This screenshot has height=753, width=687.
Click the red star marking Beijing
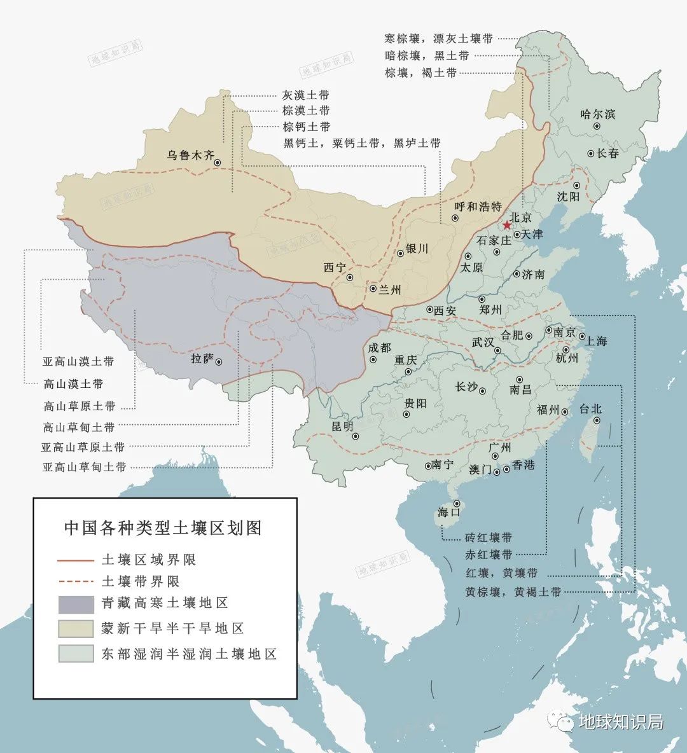click(506, 225)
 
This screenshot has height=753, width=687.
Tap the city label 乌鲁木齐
click(191, 155)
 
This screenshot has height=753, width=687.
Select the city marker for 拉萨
click(219, 362)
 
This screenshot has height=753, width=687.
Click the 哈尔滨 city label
click(598, 114)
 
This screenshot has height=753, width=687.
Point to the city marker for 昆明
click(356, 436)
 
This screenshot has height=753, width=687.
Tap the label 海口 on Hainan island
click(448, 513)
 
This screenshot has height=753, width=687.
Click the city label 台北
click(590, 409)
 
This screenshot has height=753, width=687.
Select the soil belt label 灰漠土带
click(306, 95)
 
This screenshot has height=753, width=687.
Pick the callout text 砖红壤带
click(488, 537)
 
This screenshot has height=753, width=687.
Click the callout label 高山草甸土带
click(79, 427)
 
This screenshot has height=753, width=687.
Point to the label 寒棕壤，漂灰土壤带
click(439, 39)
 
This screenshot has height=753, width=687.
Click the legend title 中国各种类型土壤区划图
click(163, 528)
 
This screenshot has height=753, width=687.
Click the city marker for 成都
click(373, 359)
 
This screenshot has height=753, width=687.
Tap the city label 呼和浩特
click(478, 207)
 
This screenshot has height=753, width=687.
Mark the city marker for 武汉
click(498, 350)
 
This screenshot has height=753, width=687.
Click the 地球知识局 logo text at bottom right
click(620, 722)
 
